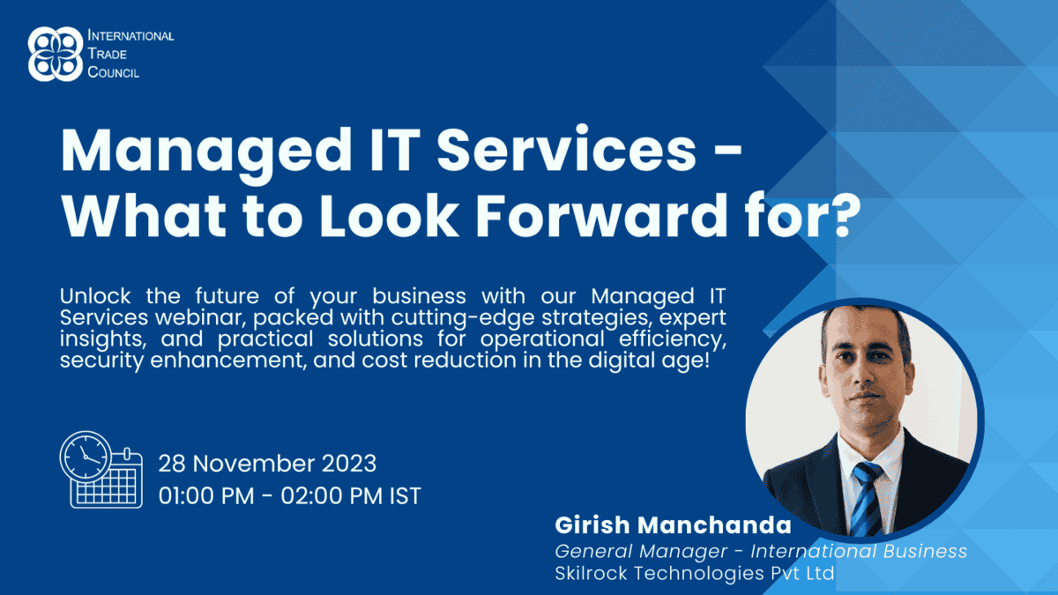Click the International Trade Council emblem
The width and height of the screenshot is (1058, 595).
tap(56, 54)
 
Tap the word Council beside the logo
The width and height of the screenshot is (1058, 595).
tap(114, 72)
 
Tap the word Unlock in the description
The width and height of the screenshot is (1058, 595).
tap(95, 296)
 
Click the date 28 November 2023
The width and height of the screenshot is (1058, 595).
tap(267, 464)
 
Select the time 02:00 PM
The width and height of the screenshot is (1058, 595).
tap(332, 495)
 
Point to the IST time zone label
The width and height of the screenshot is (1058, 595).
tap(406, 495)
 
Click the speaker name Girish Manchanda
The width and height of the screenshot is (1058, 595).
tap(673, 524)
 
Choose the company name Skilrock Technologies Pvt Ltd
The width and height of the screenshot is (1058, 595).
tap(695, 573)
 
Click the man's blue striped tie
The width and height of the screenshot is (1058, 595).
tap(868, 498)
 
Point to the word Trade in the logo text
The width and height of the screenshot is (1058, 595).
tap(108, 54)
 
